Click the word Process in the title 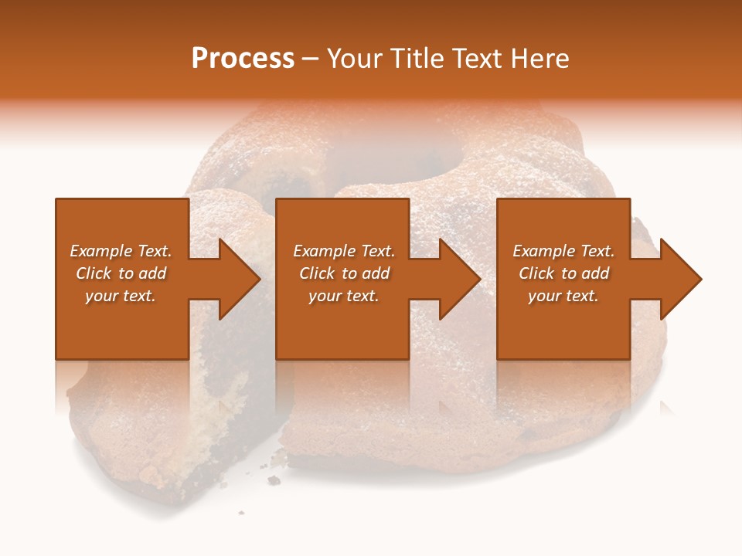point(243,59)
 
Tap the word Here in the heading point(539,59)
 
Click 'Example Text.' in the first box point(121,251)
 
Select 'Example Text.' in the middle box point(344,251)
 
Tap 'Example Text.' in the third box point(563,251)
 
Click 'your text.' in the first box point(121,296)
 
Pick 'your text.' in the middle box point(344,296)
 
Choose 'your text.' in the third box point(563,296)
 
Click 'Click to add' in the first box point(121,273)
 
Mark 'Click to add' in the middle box point(344,273)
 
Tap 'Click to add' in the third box point(563,273)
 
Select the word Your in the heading point(354,59)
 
